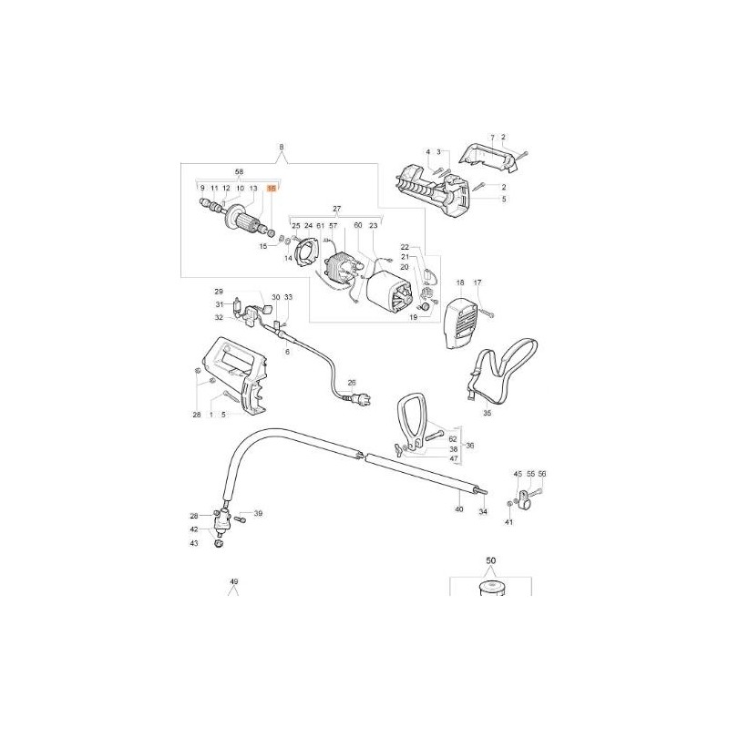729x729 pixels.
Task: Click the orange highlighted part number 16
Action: click(271, 188)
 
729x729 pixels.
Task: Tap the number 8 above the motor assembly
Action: click(281, 147)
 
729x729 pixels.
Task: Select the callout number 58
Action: click(240, 171)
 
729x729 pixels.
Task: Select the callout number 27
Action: click(335, 209)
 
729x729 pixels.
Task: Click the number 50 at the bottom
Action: click(490, 561)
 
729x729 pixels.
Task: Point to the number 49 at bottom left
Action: click(233, 581)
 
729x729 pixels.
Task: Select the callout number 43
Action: click(193, 543)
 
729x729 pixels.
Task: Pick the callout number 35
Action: click(487, 413)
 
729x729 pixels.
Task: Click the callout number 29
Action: click(219, 290)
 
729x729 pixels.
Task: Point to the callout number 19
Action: click(412, 319)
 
